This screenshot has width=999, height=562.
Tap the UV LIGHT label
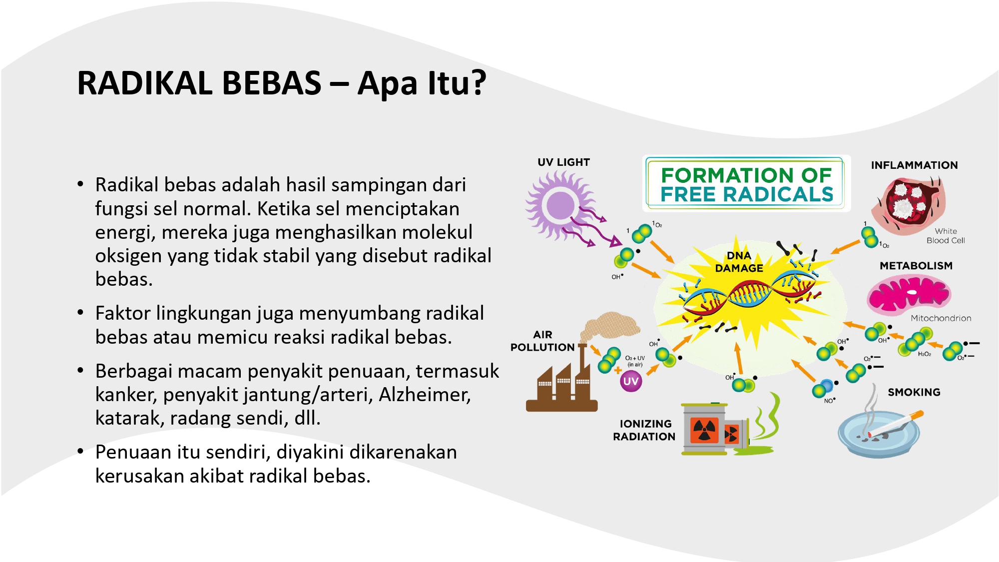click(563, 162)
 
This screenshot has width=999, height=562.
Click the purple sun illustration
click(561, 205)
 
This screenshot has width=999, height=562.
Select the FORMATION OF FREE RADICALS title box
click(746, 184)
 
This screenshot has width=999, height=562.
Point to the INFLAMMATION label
click(914, 165)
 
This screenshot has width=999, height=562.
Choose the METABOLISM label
click(916, 266)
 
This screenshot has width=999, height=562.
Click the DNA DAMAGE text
click(739, 262)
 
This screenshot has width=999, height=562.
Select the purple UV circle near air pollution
click(631, 382)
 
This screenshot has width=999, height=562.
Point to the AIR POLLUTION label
click(542, 341)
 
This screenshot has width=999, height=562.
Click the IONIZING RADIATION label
click(644, 430)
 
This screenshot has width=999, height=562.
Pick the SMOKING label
click(914, 392)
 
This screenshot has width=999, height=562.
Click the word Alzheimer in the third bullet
click(425, 395)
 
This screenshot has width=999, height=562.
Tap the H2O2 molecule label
click(925, 354)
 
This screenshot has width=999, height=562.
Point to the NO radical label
click(830, 401)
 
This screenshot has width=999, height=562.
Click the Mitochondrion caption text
click(941, 318)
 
